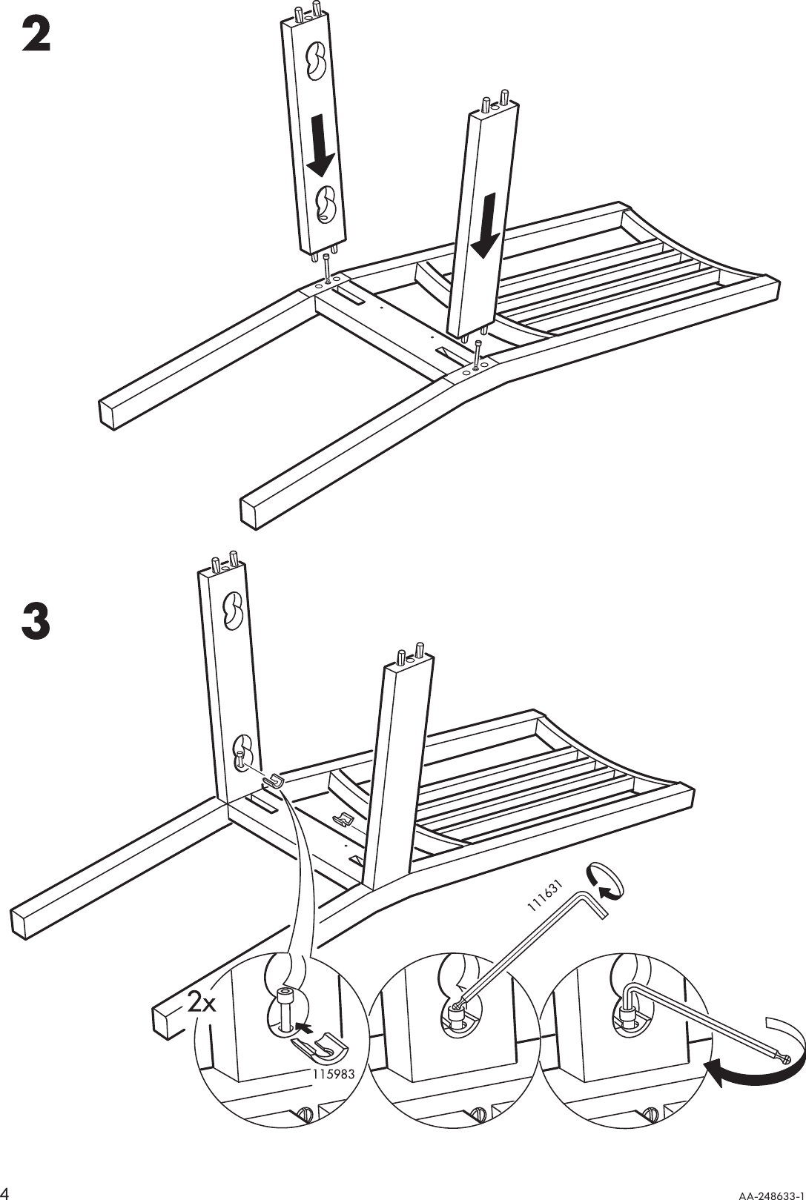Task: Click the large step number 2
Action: [36, 36]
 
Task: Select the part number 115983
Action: [333, 1073]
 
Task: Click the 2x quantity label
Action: [201, 1003]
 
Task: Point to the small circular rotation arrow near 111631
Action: [604, 881]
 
